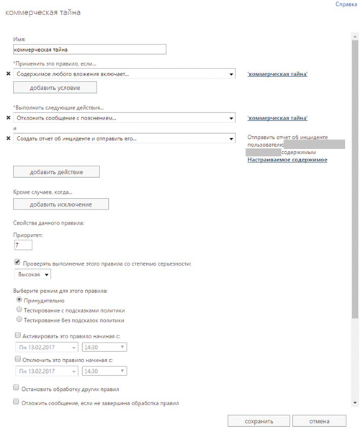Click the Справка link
click(x=346, y=4)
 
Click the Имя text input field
click(x=89, y=50)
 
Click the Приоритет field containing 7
click(x=23, y=245)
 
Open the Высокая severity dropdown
click(x=33, y=274)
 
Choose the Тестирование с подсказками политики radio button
click(x=18, y=310)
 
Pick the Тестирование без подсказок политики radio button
click(x=18, y=320)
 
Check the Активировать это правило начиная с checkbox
click(x=18, y=335)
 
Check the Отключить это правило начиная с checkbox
click(x=18, y=358)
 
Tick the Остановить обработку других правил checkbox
click(x=17, y=387)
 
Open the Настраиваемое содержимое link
click(x=287, y=159)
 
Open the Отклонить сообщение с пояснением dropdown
click(x=125, y=117)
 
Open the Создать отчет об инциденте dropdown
click(x=125, y=138)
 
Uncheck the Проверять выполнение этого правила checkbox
click(x=17, y=263)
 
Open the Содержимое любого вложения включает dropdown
click(x=125, y=73)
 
